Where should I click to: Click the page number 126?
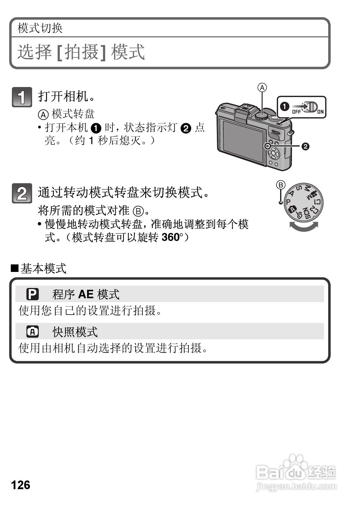click(21, 485)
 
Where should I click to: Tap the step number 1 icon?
click(22, 97)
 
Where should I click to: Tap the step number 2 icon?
click(22, 193)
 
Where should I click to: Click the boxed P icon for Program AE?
click(33, 294)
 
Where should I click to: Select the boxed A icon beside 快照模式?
click(33, 332)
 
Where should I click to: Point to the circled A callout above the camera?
click(262, 88)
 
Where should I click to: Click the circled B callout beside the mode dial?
click(281, 185)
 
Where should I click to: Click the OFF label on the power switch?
click(296, 112)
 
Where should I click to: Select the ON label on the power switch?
click(320, 112)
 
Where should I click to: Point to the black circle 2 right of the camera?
click(305, 147)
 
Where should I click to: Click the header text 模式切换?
click(40, 28)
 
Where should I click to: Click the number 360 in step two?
click(171, 237)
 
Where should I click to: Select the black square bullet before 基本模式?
click(15, 268)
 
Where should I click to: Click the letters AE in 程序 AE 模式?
click(86, 294)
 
